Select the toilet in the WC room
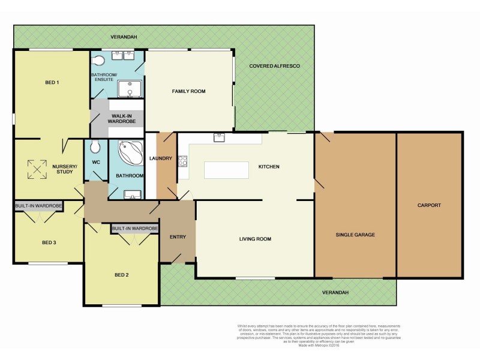(95, 146)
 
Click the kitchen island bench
(226, 170)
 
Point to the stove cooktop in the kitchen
(182, 161)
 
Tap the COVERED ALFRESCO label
(274, 65)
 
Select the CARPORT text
(429, 206)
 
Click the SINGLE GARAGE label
(355, 235)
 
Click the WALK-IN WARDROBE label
(122, 119)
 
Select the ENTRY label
(178, 237)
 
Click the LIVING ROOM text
(255, 239)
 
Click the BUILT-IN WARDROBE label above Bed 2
(134, 229)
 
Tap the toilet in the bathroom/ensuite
(100, 59)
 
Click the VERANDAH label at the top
(124, 37)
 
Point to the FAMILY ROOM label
(188, 91)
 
